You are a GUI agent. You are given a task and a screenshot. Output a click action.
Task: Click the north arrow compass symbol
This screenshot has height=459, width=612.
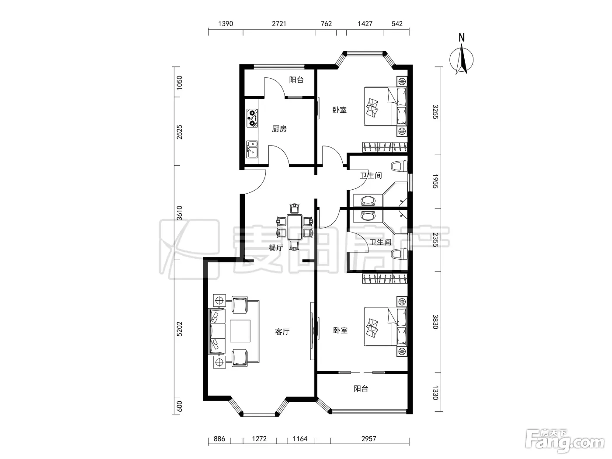[462, 57]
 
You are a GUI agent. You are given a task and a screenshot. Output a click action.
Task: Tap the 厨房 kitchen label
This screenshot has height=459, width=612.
[279, 129]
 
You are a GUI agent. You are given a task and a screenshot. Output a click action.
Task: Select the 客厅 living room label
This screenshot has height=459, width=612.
[282, 332]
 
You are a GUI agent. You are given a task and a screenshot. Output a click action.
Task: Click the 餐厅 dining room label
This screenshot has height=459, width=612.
[276, 247]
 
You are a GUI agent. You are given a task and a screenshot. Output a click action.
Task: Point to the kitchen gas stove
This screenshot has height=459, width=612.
[252, 118]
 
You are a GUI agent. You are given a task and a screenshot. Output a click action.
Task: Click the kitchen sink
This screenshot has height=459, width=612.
[252, 149]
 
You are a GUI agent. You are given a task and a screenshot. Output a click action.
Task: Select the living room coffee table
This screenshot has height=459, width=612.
[240, 331]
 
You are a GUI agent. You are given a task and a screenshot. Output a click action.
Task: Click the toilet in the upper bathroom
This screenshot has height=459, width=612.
[399, 167]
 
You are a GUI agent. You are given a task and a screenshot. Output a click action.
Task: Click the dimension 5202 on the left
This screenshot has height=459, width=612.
[179, 329]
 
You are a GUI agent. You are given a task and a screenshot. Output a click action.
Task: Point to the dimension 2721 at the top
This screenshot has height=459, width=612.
[279, 24]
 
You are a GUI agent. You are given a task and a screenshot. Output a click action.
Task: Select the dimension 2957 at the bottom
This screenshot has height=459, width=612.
[369, 438]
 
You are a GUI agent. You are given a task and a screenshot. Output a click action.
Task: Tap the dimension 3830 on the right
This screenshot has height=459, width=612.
[435, 322]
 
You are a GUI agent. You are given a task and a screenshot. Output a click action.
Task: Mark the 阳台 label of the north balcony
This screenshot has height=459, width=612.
[296, 80]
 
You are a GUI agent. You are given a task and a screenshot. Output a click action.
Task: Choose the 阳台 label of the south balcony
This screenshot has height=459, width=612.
[361, 389]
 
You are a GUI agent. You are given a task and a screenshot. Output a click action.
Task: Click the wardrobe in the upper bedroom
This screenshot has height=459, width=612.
[385, 147]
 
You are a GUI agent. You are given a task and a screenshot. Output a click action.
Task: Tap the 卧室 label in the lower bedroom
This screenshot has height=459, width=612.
[341, 330]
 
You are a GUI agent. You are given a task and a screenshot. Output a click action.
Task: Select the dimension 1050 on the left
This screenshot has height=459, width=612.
[179, 83]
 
